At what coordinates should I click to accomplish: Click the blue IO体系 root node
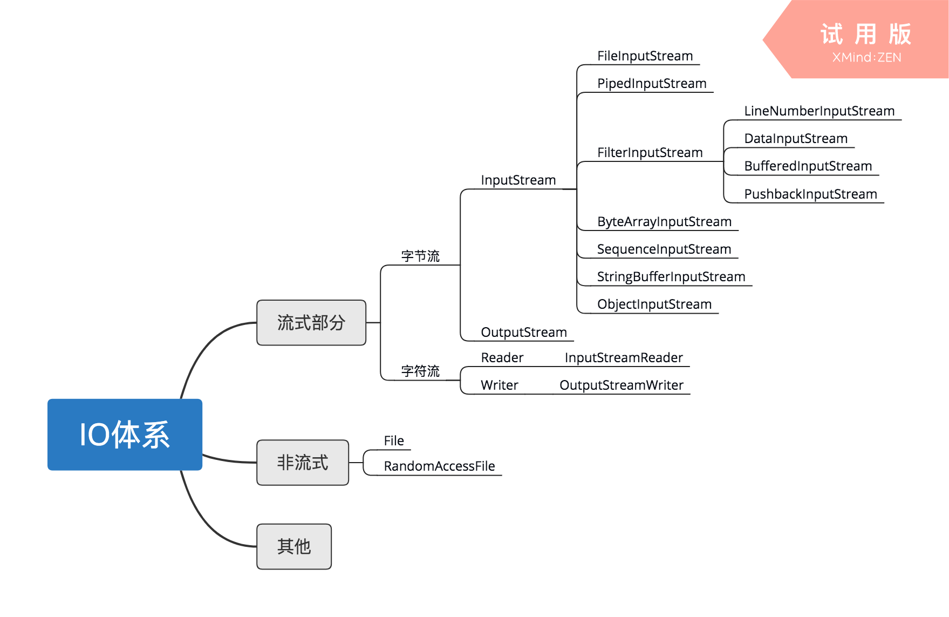coord(125,435)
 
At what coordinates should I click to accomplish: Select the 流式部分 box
coord(311,323)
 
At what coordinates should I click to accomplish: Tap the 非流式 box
coord(303,463)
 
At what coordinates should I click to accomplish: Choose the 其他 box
coord(294,546)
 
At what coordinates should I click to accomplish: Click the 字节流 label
coord(420,256)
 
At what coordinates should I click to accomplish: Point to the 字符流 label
coord(420,371)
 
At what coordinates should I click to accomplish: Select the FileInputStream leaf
coord(645,56)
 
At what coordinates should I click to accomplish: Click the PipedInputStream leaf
coord(652,84)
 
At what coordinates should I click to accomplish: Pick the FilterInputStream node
coord(650,153)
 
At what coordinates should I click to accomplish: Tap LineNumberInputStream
coord(819,111)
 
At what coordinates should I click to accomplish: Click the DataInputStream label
coord(796,139)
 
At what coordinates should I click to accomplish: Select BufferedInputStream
coord(808,166)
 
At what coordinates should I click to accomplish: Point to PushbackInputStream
coord(810,194)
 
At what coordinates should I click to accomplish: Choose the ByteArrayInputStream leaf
coord(664,222)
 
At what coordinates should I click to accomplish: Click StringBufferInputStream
coord(671,277)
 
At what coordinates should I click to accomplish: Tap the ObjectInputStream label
coord(654,304)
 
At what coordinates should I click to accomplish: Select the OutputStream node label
coord(524,333)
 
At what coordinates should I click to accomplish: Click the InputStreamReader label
coord(624,358)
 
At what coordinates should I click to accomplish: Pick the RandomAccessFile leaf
coord(439,466)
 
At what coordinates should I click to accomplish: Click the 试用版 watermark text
coord(866,35)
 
